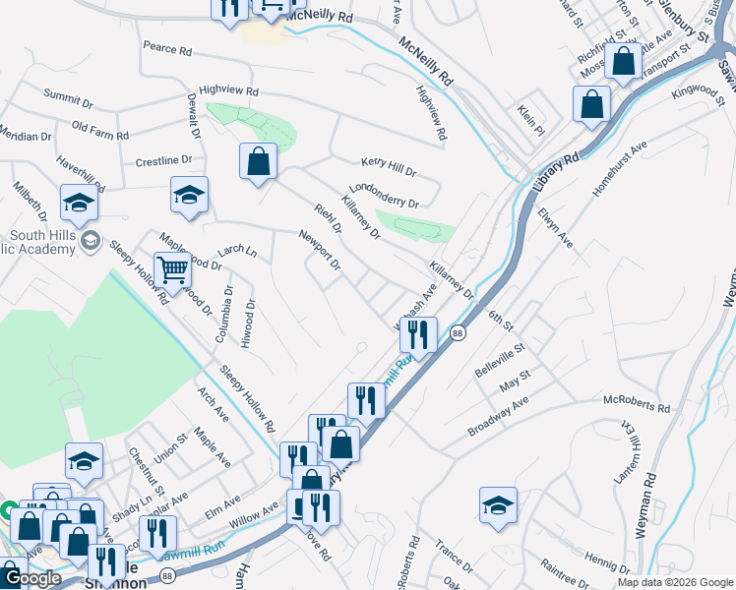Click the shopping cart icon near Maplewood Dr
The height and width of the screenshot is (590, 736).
(x=172, y=268)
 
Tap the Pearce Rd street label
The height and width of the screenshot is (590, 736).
(x=166, y=47)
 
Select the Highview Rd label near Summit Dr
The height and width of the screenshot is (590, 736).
(x=228, y=89)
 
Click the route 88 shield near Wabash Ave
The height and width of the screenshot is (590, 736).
(x=458, y=334)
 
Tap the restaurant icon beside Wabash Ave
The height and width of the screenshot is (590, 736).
(x=418, y=335)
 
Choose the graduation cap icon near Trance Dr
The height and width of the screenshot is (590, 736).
(x=499, y=505)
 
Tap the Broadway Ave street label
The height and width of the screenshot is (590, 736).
(x=498, y=418)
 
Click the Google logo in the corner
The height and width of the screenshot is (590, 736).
(x=31, y=579)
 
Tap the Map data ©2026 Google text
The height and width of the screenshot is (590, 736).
(x=675, y=582)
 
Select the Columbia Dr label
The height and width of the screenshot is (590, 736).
(x=225, y=315)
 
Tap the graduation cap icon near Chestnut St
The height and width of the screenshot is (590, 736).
(x=85, y=460)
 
